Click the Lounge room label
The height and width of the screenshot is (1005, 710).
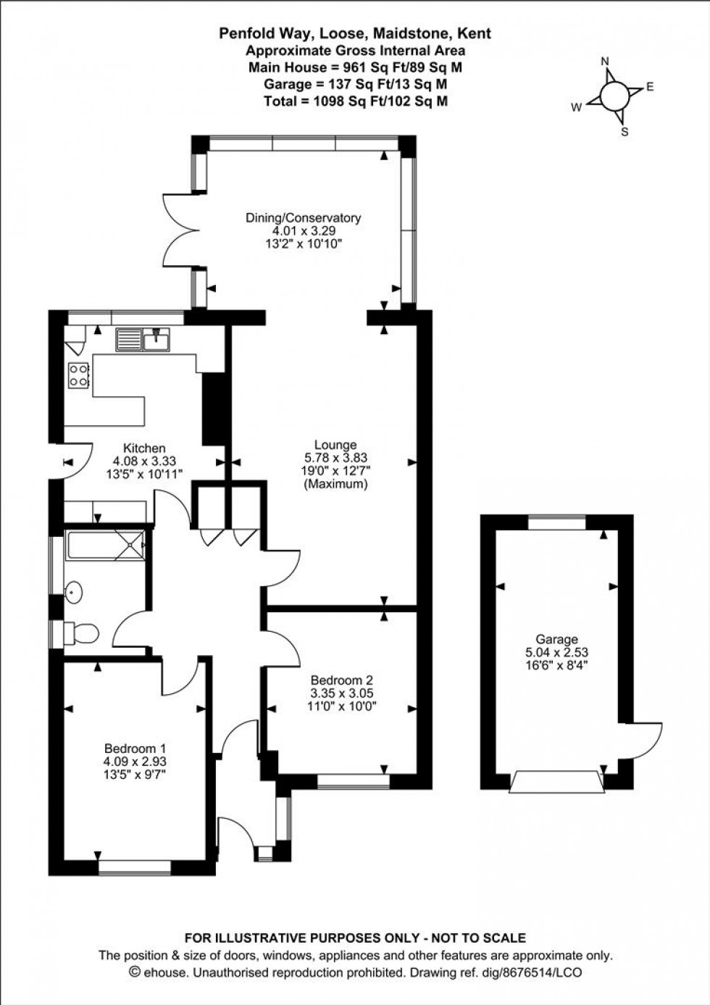click(x=335, y=445)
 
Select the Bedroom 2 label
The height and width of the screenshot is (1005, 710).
click(x=341, y=680)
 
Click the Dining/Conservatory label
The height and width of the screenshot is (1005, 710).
click(x=303, y=217)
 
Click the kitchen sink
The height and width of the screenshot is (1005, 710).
click(x=143, y=338)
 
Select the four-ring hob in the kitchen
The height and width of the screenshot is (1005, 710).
click(x=78, y=374)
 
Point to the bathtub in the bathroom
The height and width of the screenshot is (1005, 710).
click(x=104, y=545)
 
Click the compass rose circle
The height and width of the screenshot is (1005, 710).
click(x=614, y=95)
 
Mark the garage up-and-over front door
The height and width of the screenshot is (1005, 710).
click(x=556, y=783)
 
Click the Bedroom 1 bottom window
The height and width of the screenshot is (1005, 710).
click(x=135, y=867)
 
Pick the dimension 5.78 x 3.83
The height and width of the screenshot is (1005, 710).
click(x=335, y=458)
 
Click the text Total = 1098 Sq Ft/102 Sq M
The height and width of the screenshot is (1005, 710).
click(x=355, y=101)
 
